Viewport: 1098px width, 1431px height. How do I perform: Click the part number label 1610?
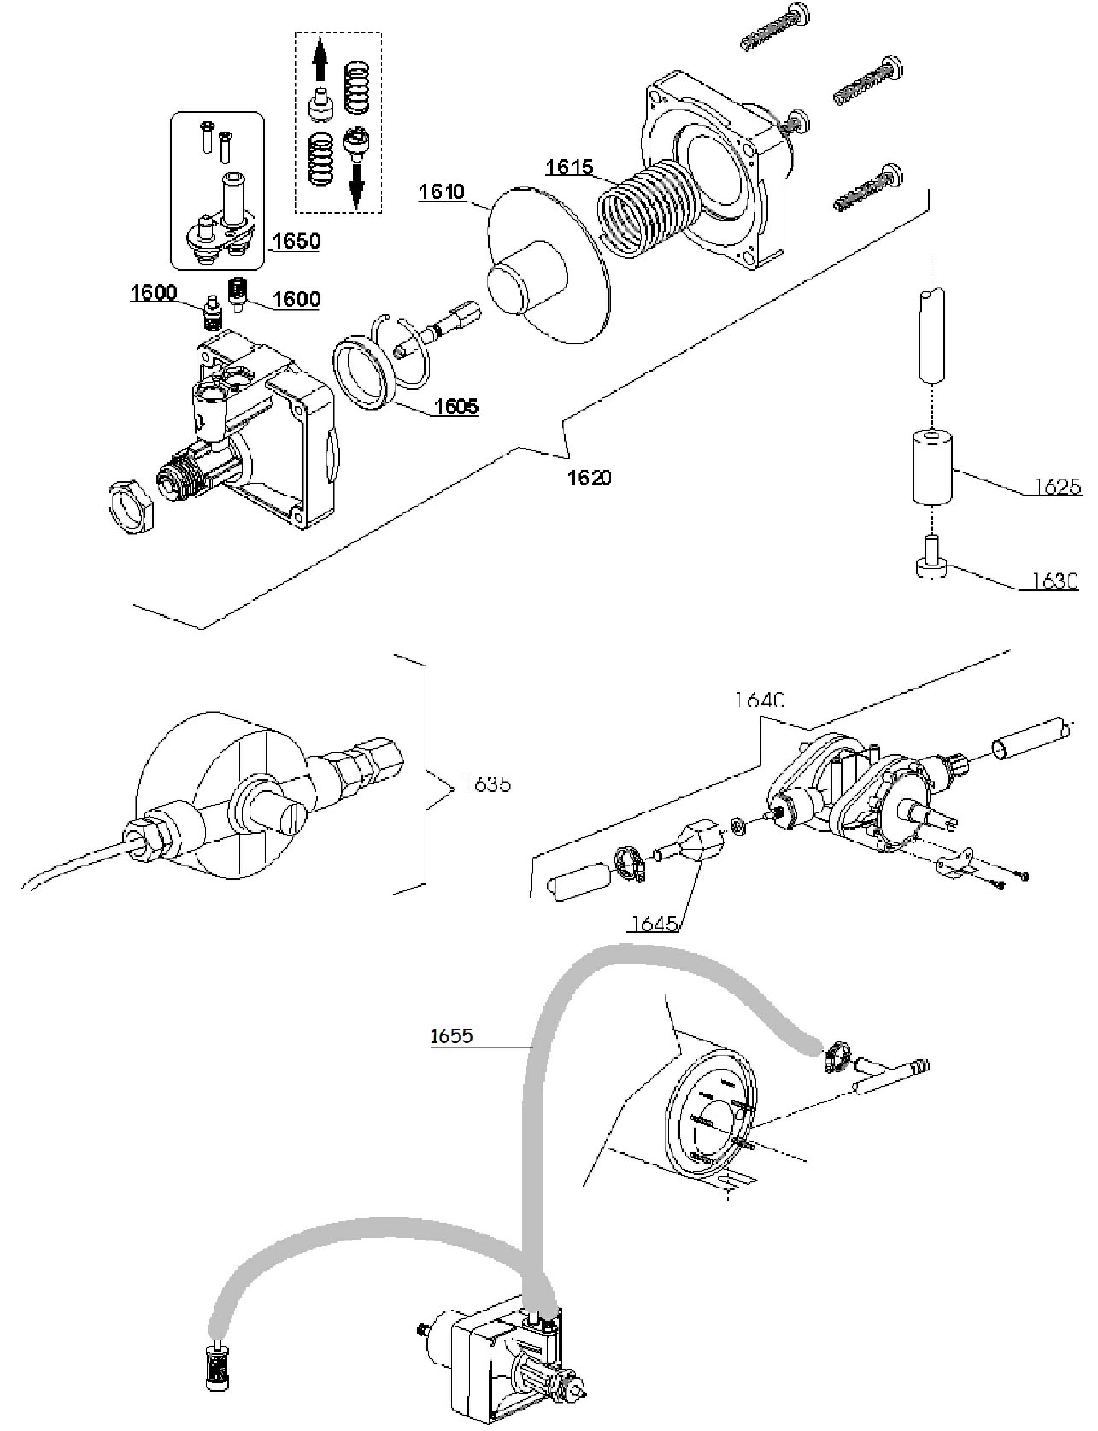[442, 191]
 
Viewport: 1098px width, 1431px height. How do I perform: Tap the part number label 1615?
[570, 167]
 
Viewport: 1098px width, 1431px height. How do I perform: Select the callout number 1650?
[297, 241]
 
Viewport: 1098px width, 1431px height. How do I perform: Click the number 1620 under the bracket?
[590, 477]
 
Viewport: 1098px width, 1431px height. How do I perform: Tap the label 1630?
[1054, 581]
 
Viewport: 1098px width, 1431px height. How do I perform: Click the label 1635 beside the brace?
[486, 783]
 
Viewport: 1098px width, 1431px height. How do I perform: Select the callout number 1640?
[760, 700]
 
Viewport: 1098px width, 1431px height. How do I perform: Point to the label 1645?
[655, 924]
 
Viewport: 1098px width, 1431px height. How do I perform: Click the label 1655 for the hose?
[451, 1035]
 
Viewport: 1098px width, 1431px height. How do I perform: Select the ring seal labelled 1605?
[362, 373]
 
